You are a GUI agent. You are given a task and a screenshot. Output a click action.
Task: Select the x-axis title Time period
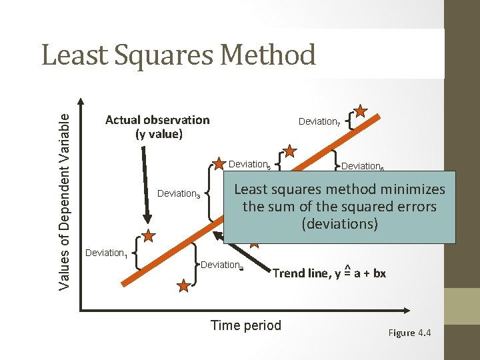[246, 325]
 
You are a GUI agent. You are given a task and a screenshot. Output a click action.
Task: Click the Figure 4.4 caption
[410, 333]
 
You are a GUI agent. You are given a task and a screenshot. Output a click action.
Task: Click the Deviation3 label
[178, 194]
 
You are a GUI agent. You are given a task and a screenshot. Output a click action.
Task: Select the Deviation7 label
[320, 121]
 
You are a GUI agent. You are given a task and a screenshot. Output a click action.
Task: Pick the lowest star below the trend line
[183, 286]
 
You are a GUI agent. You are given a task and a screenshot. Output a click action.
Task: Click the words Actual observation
[157, 120]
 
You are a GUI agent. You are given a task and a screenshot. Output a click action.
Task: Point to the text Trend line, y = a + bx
[329, 273]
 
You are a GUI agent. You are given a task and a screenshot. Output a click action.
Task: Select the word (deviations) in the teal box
[340, 223]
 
